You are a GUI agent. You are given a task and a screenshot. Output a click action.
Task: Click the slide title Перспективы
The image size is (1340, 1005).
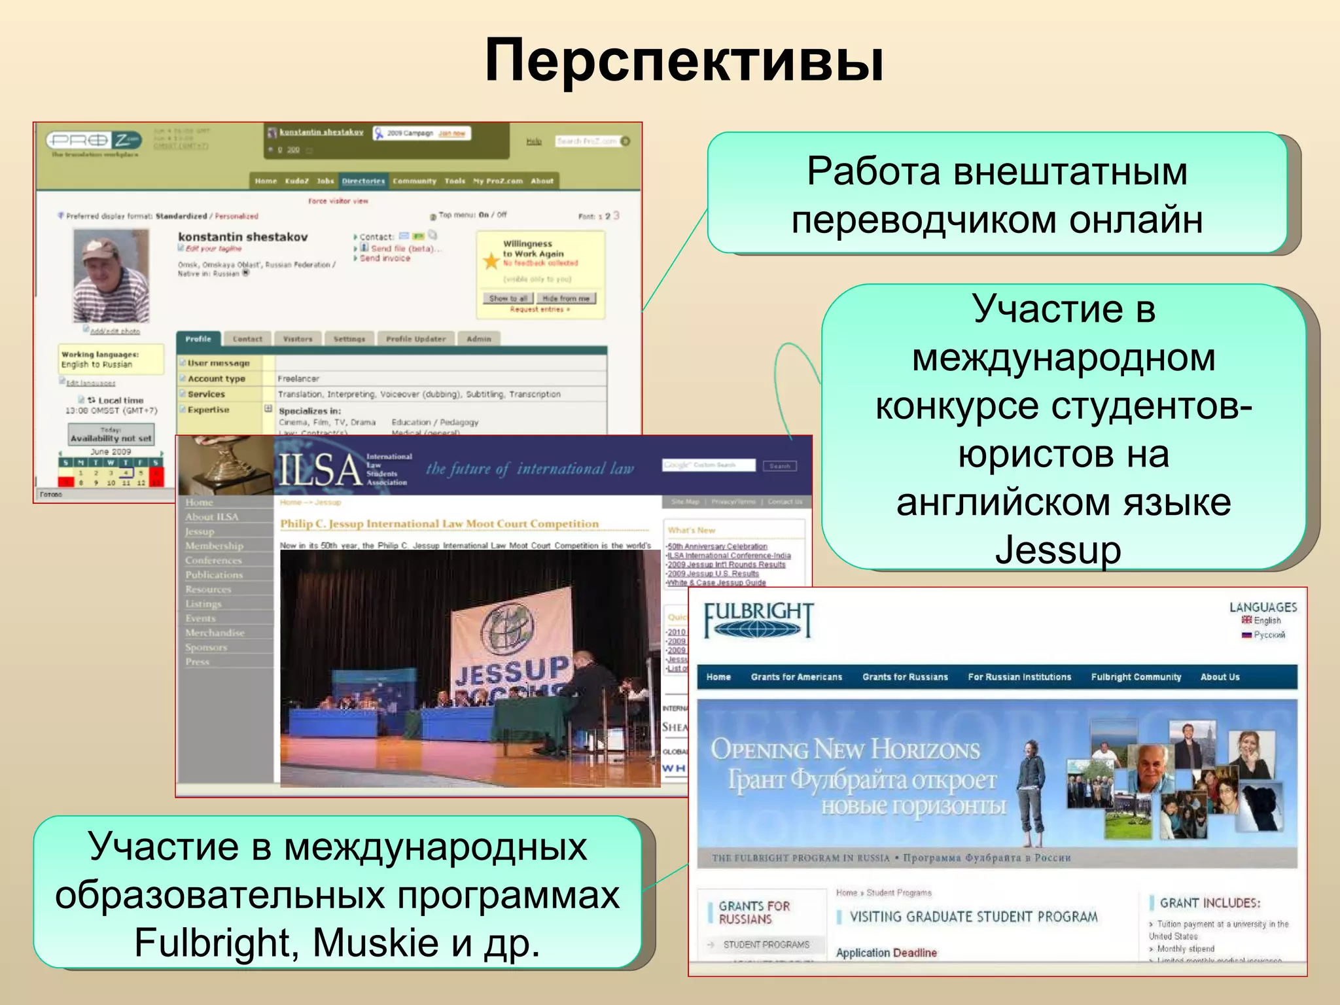tap(684, 60)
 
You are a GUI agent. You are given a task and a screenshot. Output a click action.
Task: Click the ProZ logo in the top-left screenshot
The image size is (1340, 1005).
tap(94, 140)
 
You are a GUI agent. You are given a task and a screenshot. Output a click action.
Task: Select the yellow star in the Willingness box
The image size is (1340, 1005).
tap(491, 261)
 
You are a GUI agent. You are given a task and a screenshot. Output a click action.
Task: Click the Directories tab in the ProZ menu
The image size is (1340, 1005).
tap(363, 181)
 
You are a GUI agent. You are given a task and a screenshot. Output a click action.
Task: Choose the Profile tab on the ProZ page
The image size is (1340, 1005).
tap(198, 339)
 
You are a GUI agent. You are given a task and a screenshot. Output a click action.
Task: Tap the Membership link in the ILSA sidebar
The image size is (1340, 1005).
tap(214, 546)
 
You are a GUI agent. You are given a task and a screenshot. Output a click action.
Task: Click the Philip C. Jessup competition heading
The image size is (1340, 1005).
tap(439, 523)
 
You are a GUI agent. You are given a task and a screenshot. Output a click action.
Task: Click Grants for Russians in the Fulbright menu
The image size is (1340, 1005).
tap(905, 677)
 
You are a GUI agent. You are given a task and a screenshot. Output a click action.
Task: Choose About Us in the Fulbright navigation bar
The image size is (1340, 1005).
tap(1220, 677)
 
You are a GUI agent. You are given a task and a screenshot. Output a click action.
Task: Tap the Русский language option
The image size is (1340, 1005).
tap(1269, 635)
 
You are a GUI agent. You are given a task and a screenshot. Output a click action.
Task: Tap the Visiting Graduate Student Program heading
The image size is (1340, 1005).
tap(973, 917)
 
